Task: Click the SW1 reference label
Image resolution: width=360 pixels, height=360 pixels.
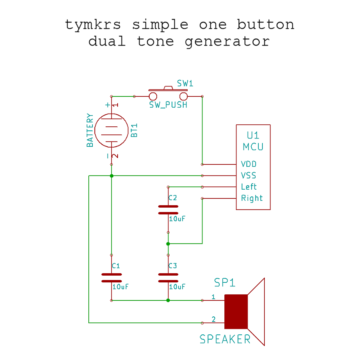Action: pyautogui.click(x=185, y=84)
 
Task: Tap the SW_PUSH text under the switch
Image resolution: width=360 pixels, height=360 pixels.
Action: pyautogui.click(x=168, y=105)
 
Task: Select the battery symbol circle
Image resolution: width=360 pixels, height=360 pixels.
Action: pyautogui.click(x=112, y=130)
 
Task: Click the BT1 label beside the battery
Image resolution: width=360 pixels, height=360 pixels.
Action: pyautogui.click(x=134, y=130)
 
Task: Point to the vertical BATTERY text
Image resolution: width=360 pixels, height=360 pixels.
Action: pyautogui.click(x=90, y=130)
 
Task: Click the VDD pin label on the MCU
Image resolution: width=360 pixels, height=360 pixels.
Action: pyautogui.click(x=249, y=164)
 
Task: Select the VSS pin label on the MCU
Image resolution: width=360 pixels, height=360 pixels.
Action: pyautogui.click(x=249, y=176)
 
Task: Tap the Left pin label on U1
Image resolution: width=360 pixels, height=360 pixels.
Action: pyautogui.click(x=249, y=187)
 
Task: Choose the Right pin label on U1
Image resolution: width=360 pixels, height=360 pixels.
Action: pyautogui.click(x=252, y=198)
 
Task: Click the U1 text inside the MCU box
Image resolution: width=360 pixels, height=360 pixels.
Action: pyautogui.click(x=253, y=135)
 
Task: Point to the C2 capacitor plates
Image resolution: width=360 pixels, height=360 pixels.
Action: pyautogui.click(x=168, y=210)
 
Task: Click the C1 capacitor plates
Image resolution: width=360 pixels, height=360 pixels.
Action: pyautogui.click(x=112, y=278)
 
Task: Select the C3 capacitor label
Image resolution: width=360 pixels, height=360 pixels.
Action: pyautogui.click(x=172, y=266)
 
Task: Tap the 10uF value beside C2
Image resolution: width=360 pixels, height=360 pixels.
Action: pyautogui.click(x=177, y=219)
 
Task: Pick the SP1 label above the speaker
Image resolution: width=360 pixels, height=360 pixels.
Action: pyautogui.click(x=225, y=283)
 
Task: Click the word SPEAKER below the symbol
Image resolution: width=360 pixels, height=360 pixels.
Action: pyautogui.click(x=225, y=339)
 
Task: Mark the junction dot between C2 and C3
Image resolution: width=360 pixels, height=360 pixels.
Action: pyautogui.click(x=168, y=244)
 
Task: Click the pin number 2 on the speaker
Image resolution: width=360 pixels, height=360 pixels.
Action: pyautogui.click(x=214, y=319)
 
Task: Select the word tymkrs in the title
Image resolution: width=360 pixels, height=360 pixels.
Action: pyautogui.click(x=93, y=25)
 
